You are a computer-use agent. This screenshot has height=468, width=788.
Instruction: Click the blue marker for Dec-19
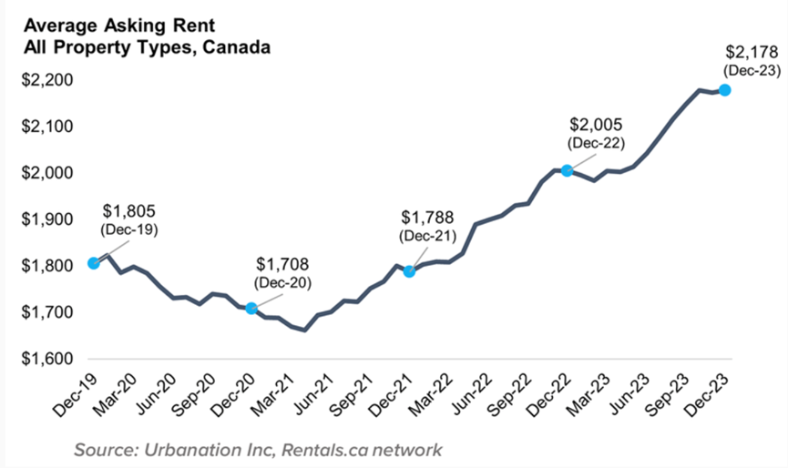click(93, 263)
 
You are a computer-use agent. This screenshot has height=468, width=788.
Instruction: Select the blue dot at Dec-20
click(251, 309)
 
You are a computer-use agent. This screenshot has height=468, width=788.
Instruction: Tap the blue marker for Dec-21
click(409, 271)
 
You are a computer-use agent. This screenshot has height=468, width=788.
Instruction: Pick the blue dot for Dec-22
click(567, 170)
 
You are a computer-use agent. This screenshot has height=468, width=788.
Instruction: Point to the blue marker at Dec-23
click(725, 90)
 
